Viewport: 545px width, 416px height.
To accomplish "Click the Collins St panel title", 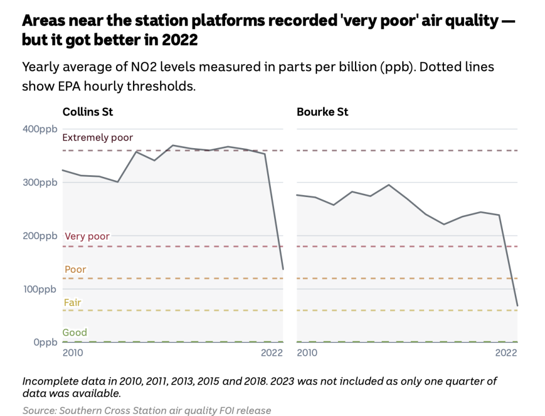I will click(88, 112).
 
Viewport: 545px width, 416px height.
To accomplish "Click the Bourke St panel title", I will click(323, 112).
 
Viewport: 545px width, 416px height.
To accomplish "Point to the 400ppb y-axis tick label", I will click(39, 129).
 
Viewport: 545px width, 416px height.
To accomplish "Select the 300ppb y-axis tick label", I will click(39, 182).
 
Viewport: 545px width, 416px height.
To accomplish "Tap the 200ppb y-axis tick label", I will click(39, 235).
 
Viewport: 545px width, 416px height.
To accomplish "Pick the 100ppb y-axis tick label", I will click(39, 289).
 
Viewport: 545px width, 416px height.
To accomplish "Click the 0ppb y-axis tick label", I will click(45, 342).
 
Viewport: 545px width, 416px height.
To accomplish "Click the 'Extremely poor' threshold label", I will click(97, 137).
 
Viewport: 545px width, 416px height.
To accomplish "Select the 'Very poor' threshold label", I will click(87, 236).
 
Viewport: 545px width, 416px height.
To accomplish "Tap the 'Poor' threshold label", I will click(75, 270).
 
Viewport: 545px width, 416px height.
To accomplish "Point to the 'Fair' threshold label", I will click(72, 303).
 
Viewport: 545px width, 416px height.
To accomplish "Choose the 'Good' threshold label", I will click(75, 332).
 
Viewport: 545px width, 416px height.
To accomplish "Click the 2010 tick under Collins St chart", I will click(73, 353).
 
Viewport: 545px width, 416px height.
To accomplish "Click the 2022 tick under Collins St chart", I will click(272, 353).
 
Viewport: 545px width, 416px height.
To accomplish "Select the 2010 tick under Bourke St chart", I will click(307, 353).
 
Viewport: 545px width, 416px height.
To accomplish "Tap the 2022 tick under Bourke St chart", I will click(506, 353).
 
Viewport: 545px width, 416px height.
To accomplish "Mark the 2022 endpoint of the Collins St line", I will click(283, 269).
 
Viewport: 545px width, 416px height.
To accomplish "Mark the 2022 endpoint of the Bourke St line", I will click(517, 305).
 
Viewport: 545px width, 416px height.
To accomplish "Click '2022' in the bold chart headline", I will click(179, 39).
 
